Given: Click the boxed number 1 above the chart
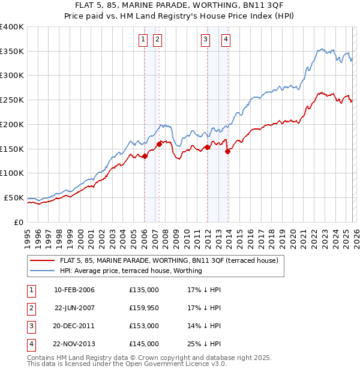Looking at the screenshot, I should (x=144, y=40).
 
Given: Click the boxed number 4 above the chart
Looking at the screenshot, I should (x=226, y=40).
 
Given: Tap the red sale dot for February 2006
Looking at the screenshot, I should (x=145, y=157).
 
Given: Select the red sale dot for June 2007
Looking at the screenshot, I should (x=159, y=144).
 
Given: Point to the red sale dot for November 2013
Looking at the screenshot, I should (x=227, y=151).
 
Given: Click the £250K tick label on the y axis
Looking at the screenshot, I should (x=11, y=100).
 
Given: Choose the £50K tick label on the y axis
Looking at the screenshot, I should (x=14, y=197).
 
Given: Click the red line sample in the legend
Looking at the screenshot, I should (x=42, y=261).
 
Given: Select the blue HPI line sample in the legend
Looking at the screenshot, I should (x=42, y=271).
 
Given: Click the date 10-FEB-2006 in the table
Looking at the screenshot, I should (x=74, y=290).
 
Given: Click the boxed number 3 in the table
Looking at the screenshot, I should (x=31, y=326).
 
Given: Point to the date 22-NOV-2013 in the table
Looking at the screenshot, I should (x=74, y=344).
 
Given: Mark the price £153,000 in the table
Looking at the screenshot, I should (x=144, y=326).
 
